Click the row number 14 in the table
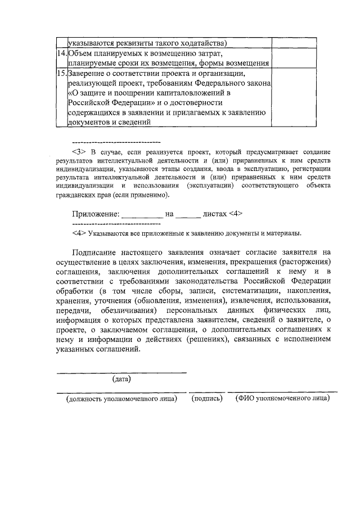[x=62, y=53]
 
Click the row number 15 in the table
[x=62, y=73]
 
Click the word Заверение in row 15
[x=88, y=73]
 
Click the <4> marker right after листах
[x=236, y=214]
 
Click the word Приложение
[x=96, y=214]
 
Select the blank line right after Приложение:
[x=142, y=215]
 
